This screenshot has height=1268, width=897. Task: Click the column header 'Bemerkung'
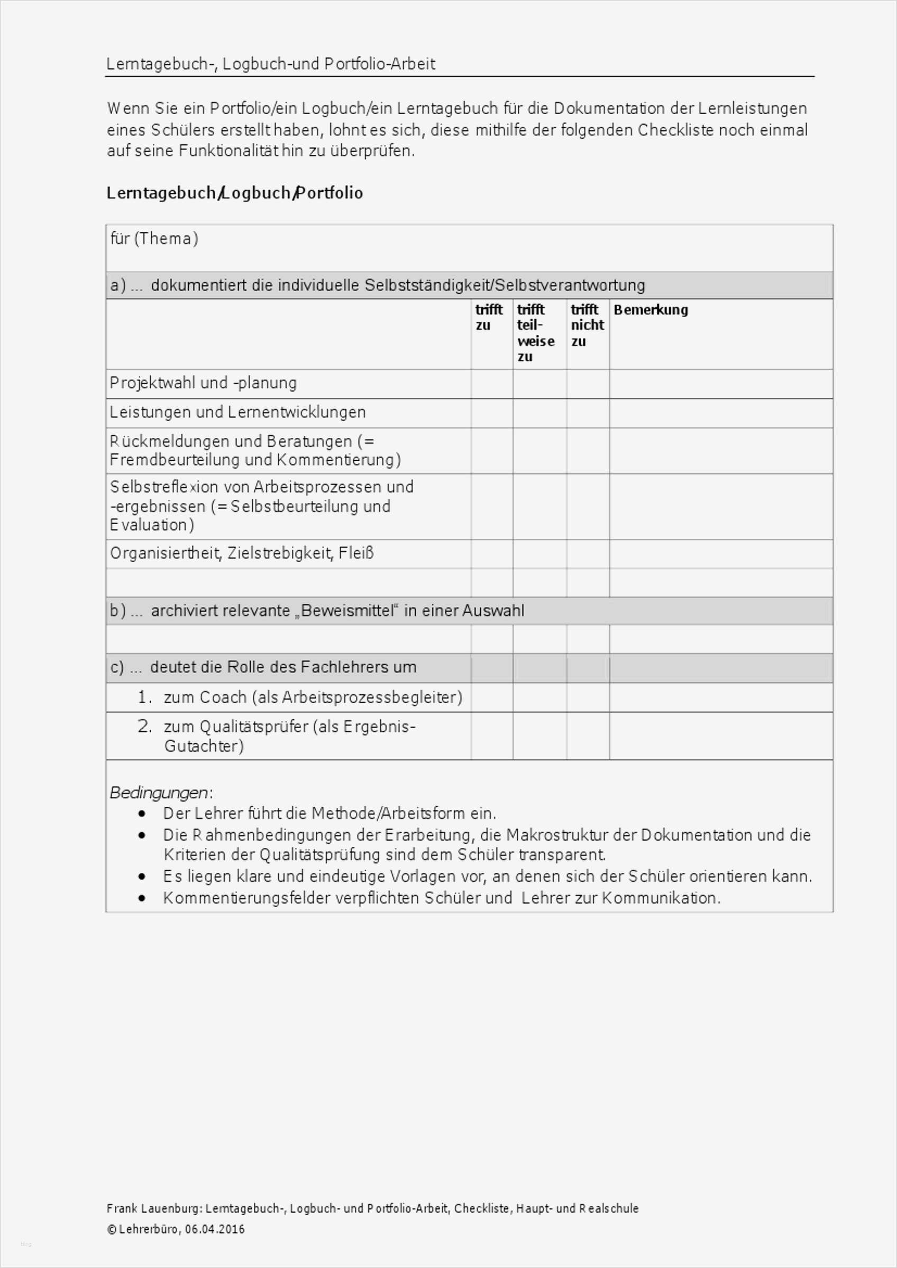point(651,310)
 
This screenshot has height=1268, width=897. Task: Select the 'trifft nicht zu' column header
point(587,325)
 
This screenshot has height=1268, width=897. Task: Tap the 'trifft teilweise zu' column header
point(535,333)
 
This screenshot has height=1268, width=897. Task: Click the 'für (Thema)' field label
point(154,239)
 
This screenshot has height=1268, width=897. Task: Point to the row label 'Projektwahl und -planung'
point(203,383)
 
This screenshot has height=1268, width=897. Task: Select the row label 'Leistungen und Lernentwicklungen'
point(237,412)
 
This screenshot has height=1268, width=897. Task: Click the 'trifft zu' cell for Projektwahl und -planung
point(492,384)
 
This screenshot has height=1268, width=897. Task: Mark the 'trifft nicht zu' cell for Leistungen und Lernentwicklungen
point(588,413)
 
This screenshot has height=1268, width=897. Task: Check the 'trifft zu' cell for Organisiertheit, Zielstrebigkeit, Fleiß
point(492,553)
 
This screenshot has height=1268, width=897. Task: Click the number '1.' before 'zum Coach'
point(145,697)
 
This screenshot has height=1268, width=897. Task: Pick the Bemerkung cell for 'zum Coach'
point(721,697)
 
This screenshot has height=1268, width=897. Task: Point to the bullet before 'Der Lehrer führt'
point(143,814)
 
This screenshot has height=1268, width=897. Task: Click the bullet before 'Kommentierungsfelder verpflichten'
point(143,899)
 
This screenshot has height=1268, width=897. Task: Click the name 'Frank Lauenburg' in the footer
point(153,1208)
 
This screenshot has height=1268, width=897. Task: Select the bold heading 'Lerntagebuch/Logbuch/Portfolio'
point(234,193)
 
